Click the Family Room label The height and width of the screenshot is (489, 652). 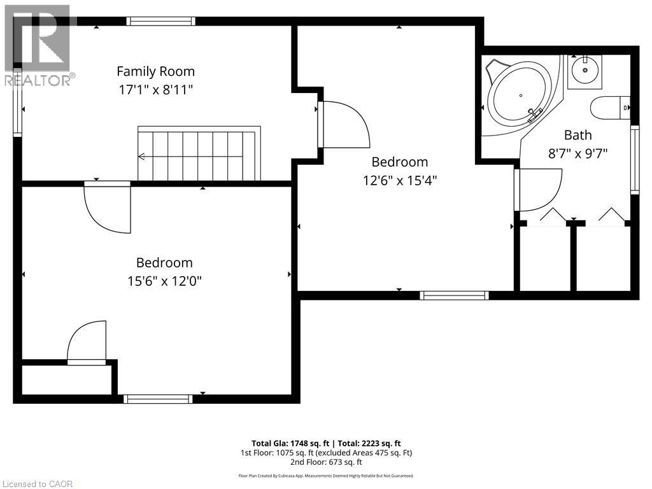click(155, 71)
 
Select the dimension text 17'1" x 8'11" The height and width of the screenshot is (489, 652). click(155, 90)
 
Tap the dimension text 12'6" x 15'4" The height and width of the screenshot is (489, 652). click(400, 180)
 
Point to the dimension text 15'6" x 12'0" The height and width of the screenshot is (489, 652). click(164, 281)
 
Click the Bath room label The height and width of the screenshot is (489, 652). click(578, 135)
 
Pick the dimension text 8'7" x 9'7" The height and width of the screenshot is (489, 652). click(578, 153)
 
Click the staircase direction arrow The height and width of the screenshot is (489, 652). click(141, 157)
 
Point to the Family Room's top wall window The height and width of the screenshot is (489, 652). click(160, 21)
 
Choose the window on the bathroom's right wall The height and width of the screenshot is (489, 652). click(634, 159)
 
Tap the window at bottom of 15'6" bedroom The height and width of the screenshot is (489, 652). click(158, 399)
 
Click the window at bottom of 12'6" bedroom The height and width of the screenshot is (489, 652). click(454, 295)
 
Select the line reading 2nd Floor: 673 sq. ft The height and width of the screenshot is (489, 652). click(326, 462)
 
